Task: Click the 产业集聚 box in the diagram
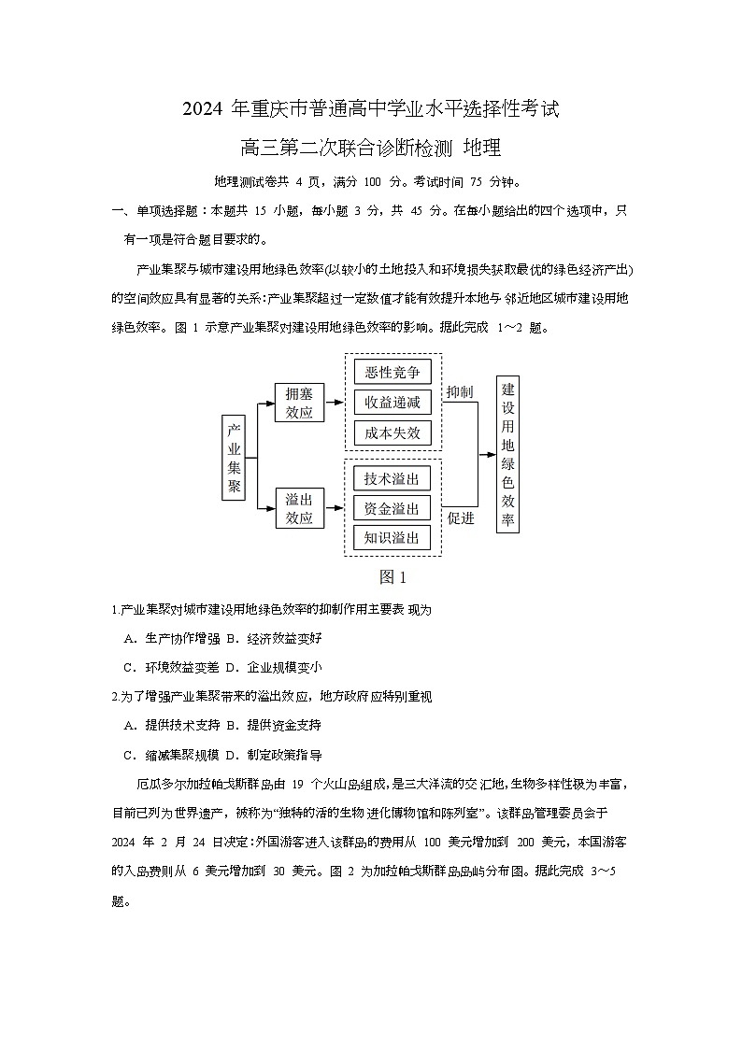click(234, 458)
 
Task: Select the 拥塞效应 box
click(299, 403)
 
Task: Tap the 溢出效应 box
click(299, 508)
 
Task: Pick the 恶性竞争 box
click(392, 373)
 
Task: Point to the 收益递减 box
click(392, 403)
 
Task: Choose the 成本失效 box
click(392, 432)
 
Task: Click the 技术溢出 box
click(392, 479)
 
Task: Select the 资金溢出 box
click(392, 508)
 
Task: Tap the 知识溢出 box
click(392, 538)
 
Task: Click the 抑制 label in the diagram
click(460, 391)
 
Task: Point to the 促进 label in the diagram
click(461, 518)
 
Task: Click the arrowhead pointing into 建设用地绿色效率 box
click(491, 455)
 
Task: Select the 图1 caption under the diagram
click(392, 576)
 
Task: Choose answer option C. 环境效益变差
click(172, 667)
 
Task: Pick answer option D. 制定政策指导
click(273, 755)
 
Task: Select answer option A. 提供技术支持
click(172, 725)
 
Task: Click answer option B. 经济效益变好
click(273, 638)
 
